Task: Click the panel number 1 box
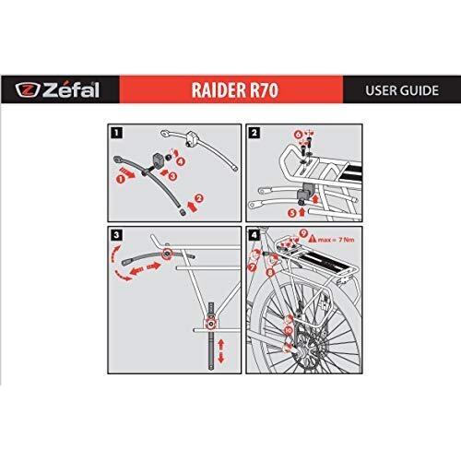113,131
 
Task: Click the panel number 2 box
254,131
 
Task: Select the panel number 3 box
113,233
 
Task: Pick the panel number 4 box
254,233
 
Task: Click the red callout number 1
121,180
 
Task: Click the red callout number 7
253,267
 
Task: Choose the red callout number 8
269,273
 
